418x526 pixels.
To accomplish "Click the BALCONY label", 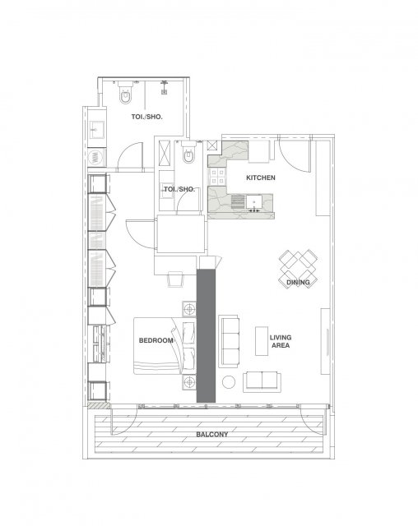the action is pos(211,435).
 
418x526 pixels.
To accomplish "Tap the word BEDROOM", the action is pos(156,340).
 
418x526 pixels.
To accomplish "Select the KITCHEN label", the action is pos(261,178).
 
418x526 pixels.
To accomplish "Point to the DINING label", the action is pos(298,283).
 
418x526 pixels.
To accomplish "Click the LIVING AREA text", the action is pos(281,342).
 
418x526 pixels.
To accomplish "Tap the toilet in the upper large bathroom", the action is pos(126,94).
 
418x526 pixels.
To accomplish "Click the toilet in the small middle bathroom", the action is pos(188,154).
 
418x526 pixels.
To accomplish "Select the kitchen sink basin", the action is pos(254,202).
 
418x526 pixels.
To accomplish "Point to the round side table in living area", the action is pos(229,381).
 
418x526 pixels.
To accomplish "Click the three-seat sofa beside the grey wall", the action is pos(229,341).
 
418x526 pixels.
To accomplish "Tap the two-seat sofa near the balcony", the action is pos(262,381).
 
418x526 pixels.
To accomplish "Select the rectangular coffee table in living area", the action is pos(262,341).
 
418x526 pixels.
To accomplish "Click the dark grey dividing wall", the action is pos(206,335).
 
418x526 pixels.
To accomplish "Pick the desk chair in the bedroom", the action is pos(175,279).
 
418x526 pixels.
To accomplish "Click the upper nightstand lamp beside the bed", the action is pos(189,309).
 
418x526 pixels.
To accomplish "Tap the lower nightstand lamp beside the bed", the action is pos(189,382).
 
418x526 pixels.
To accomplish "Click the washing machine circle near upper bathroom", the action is pos(95,158).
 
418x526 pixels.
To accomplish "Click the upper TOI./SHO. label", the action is pos(146,117).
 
